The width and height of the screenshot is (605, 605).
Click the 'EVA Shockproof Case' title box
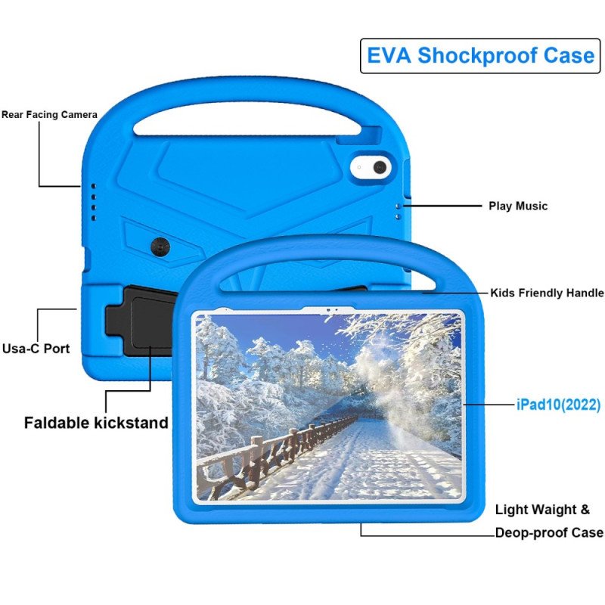click(480, 55)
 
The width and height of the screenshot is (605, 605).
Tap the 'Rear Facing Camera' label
click(49, 115)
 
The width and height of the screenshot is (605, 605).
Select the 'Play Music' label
click(517, 206)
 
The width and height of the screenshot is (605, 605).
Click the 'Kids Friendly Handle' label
click(547, 293)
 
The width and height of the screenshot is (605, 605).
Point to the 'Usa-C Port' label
click(36, 349)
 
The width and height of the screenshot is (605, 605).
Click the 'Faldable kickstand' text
click(96, 423)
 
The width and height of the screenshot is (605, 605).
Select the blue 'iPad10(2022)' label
click(558, 405)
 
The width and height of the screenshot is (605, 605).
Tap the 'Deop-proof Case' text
click(549, 532)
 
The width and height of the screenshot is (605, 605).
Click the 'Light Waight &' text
click(542, 510)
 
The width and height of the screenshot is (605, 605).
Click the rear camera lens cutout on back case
click(380, 167)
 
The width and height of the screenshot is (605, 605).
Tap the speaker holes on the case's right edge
click(398, 209)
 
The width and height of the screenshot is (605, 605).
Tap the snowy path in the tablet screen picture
click(363, 469)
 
